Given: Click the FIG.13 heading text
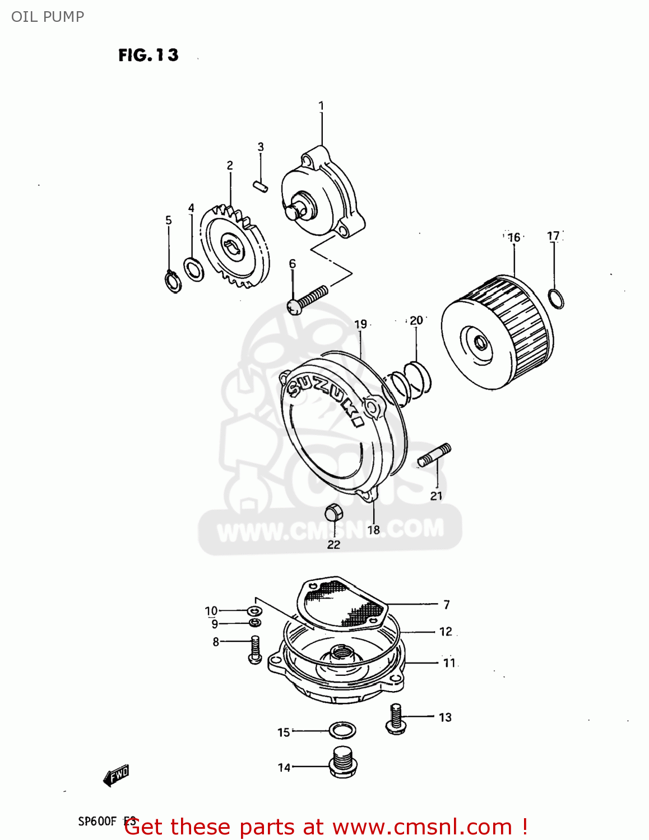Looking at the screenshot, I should tap(149, 55).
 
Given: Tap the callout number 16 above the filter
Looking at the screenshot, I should tap(514, 237).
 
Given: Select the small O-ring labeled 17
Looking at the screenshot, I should tap(555, 299).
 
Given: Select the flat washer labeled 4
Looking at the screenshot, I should tap(194, 269).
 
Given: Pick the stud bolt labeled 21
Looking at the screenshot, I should tap(434, 455).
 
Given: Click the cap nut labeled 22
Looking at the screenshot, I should tap(333, 512).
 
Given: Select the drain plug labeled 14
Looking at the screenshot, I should tap(342, 762).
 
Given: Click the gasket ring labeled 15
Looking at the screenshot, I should tap(342, 730).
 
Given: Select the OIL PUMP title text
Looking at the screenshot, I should tap(48, 17).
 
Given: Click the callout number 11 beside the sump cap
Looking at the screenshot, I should tap(449, 663).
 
